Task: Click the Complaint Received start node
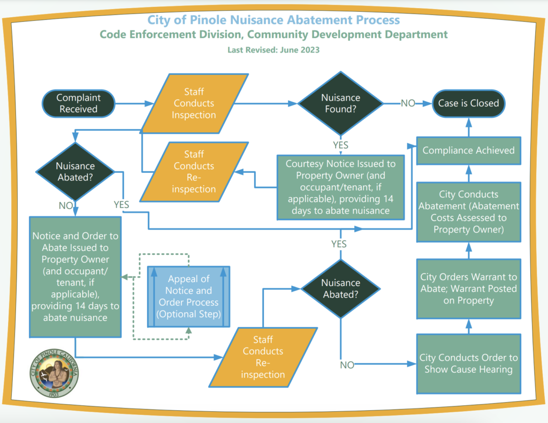point(78,103)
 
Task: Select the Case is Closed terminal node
point(468,103)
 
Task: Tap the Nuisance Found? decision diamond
point(340,104)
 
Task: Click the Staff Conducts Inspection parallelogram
point(194,103)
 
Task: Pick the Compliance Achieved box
point(468,150)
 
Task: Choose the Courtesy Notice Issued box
point(340,187)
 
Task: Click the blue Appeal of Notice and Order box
point(188,297)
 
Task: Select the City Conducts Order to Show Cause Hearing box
point(468,364)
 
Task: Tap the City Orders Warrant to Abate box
point(468,289)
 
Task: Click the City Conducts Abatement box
point(468,211)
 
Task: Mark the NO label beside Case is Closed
point(408,103)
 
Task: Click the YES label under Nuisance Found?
point(340,145)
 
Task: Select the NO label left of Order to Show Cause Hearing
point(347,365)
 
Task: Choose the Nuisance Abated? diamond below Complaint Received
point(75,172)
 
